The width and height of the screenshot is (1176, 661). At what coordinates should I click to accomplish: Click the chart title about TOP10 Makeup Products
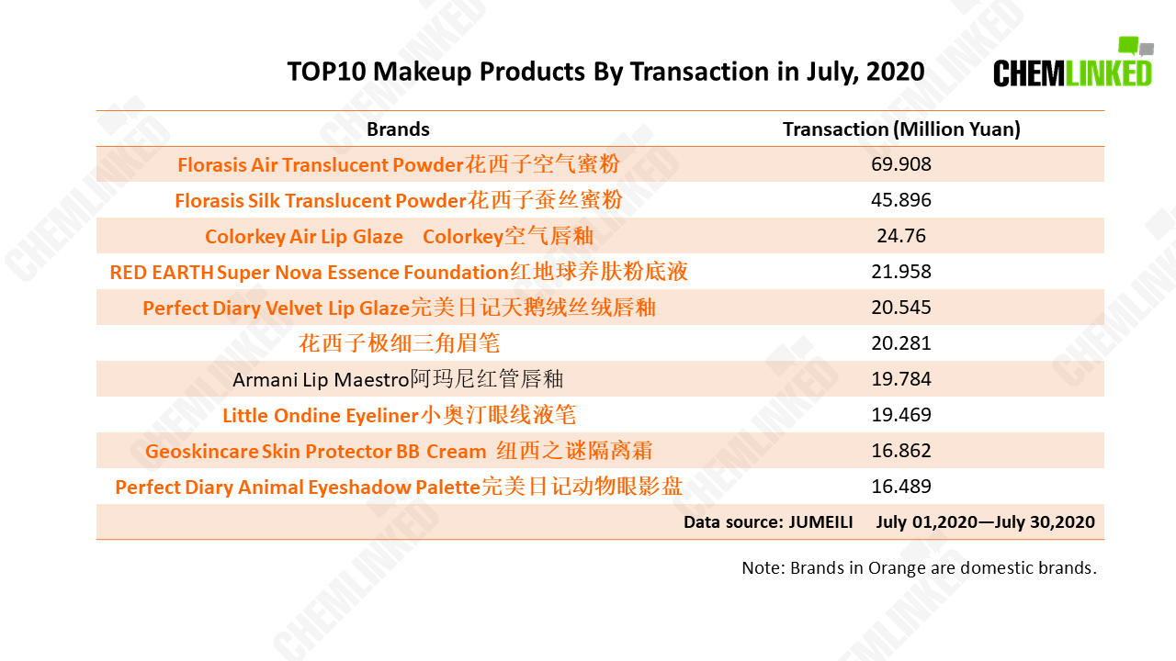coord(605,72)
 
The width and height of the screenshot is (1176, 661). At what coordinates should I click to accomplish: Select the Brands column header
coord(398,129)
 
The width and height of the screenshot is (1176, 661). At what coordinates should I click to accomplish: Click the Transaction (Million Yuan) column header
coord(901,129)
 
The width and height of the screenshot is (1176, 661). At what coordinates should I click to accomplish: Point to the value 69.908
coord(901,164)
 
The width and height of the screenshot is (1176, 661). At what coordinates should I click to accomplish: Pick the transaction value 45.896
coord(901,200)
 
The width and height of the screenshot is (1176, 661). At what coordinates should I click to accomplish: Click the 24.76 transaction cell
coord(901,236)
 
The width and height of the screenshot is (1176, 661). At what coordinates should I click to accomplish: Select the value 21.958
coord(901,271)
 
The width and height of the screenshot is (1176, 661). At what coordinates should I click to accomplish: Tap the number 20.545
coord(901,307)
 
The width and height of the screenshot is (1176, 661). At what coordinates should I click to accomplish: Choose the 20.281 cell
coord(901,343)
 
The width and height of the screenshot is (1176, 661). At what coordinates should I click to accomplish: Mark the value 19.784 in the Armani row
coord(901,379)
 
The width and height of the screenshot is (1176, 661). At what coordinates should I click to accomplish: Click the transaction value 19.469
coord(901,414)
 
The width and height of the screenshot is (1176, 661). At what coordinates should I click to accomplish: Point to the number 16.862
coord(901,450)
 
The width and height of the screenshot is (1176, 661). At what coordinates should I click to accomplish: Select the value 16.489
coord(901,487)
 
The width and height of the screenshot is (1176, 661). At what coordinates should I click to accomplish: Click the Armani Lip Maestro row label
coord(398,379)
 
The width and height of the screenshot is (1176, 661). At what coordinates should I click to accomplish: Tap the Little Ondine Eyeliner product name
coord(399,415)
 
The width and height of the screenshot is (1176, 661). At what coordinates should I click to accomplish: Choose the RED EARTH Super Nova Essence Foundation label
coord(399,272)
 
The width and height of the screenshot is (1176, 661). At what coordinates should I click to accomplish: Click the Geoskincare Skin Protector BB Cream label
coord(399,451)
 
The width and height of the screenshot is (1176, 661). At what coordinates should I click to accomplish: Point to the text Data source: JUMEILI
coord(768,522)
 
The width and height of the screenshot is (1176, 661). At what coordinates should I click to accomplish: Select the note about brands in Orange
coord(920,567)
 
